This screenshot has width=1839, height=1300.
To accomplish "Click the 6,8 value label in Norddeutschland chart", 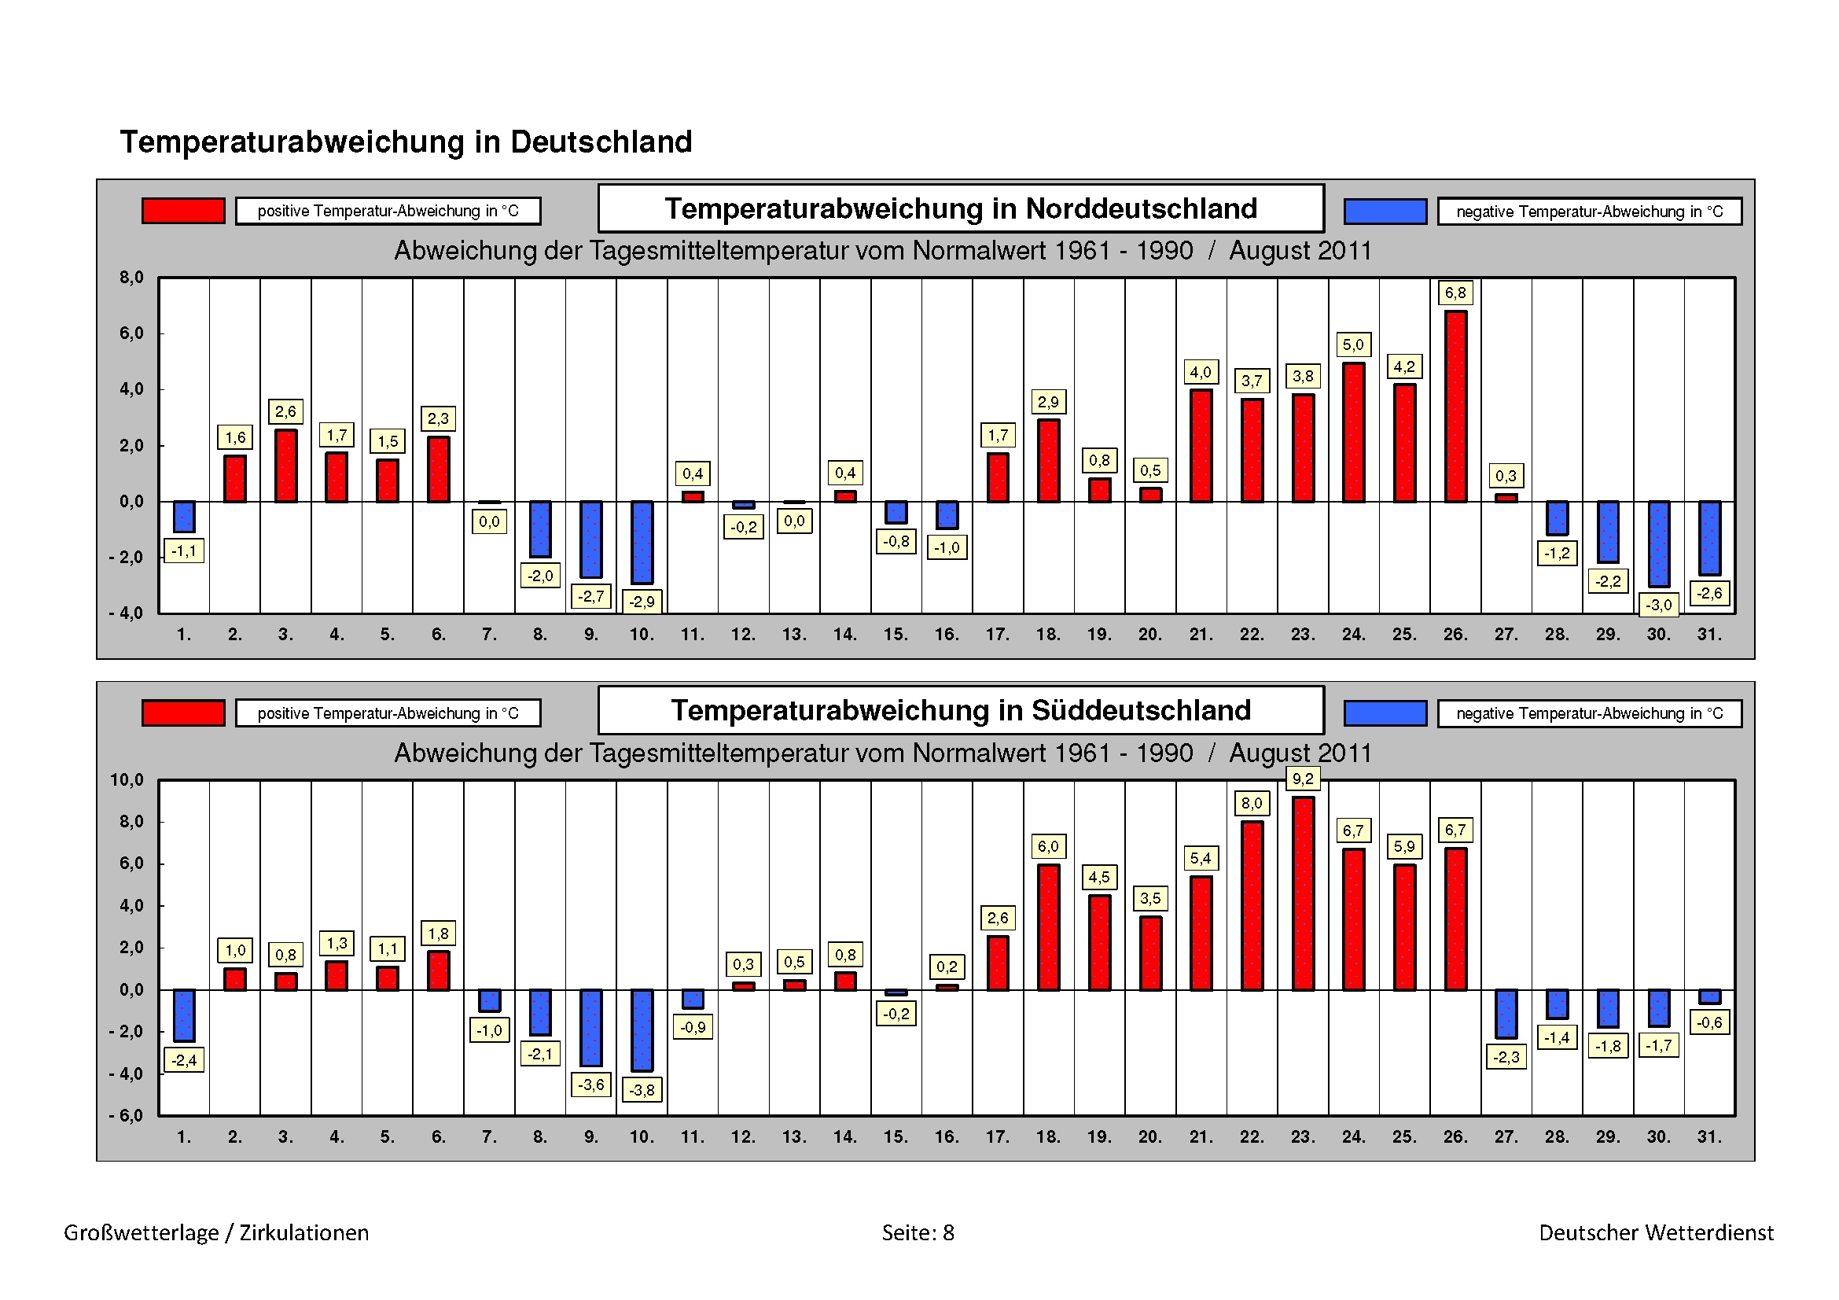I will click(x=1455, y=293).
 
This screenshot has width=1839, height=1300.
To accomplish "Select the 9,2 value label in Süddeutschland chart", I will click(x=1302, y=779).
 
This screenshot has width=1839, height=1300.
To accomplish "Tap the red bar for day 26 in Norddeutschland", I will click(x=1455, y=407).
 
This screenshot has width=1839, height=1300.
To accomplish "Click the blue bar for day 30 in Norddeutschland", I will click(x=1659, y=544).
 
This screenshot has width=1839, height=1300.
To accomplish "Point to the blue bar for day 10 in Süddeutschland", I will click(x=642, y=1030).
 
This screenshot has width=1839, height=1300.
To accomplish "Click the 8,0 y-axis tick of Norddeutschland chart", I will click(x=131, y=278).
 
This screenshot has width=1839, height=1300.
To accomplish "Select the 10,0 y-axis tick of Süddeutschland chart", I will click(x=127, y=780).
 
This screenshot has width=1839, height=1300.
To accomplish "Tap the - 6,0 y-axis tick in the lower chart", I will click(x=127, y=1116).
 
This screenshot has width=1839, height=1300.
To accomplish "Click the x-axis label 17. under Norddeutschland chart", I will click(x=997, y=635).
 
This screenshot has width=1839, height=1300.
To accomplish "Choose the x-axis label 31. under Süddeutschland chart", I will click(x=1709, y=1136).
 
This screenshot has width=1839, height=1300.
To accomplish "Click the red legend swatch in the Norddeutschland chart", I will click(x=183, y=211).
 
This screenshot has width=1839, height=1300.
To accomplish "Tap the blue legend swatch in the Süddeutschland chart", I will click(x=1385, y=713).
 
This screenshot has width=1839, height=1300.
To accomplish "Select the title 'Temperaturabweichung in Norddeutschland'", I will click(x=960, y=208).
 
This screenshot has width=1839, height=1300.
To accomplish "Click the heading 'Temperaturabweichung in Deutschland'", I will click(x=406, y=142).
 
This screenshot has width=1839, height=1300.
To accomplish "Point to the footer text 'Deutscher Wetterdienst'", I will click(x=1656, y=1232).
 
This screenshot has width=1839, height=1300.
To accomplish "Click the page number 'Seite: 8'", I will click(x=918, y=1232).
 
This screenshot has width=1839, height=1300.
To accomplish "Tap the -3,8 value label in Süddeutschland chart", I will click(x=642, y=1090).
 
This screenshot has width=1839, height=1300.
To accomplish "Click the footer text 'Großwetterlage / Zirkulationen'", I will click(x=216, y=1232).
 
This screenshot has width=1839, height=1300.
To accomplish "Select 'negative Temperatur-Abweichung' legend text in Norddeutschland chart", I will click(x=1589, y=212).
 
